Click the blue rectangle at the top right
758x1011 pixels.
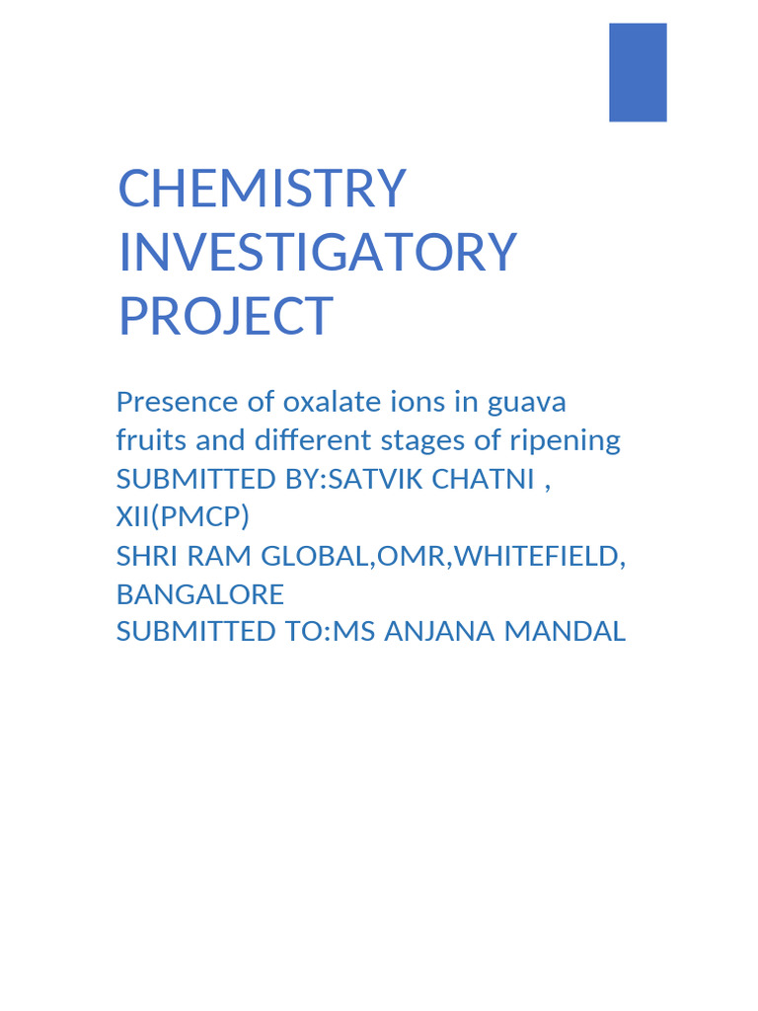(638, 72)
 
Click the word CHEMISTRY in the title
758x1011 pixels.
(262, 189)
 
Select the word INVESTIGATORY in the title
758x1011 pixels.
(317, 252)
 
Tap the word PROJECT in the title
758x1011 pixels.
(225, 316)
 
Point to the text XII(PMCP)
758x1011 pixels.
(183, 517)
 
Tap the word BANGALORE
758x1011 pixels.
(199, 594)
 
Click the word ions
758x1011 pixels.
(424, 403)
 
